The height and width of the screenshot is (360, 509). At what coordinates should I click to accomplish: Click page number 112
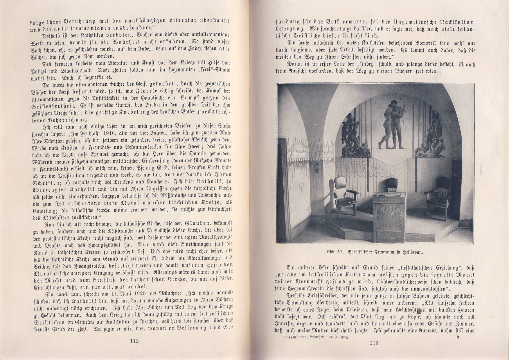coord(134,341)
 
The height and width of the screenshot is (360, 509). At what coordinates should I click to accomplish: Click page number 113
coord(374,343)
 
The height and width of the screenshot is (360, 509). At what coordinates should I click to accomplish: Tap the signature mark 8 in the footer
coord(458,337)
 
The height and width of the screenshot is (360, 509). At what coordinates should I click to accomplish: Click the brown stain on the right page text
coord(419,311)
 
